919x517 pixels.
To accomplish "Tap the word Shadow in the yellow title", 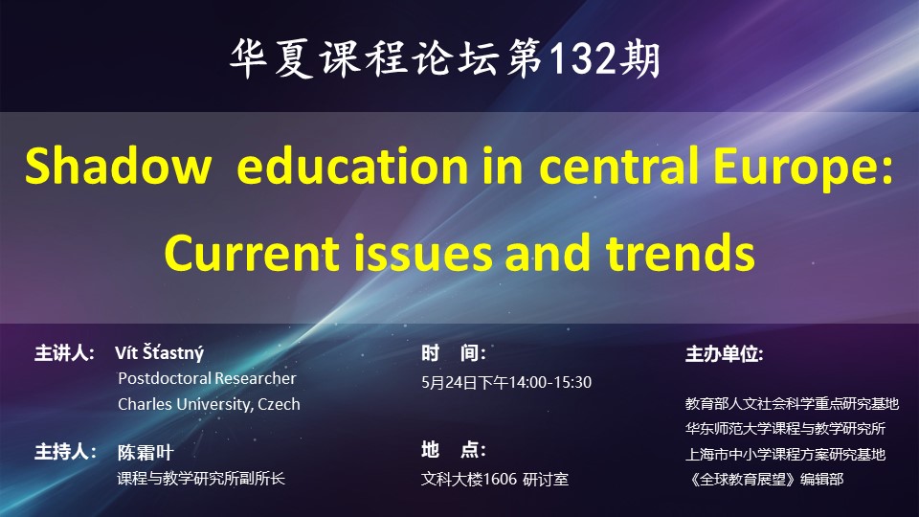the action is coord(118,166).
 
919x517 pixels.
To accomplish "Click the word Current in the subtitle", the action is coord(252,253).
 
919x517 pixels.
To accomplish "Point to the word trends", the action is coord(681,252).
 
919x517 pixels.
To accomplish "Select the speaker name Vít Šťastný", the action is coord(160,353).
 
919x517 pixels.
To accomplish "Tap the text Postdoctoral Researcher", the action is coord(207,379).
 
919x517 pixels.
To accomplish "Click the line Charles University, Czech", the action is coord(209,404).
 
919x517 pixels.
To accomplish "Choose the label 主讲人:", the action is coord(64,353).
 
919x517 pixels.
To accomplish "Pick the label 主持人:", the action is coord(64,452).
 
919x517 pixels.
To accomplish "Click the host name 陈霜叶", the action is coord(146,453).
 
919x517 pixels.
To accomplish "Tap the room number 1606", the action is coord(500,480).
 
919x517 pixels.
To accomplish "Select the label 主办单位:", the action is coord(725,354).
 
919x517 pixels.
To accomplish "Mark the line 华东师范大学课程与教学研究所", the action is coord(785,429).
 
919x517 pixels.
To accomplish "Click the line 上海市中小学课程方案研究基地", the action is coord(785,454).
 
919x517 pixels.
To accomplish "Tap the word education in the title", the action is coord(351,166).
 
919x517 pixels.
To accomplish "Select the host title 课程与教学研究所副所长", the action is coord(201,479).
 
